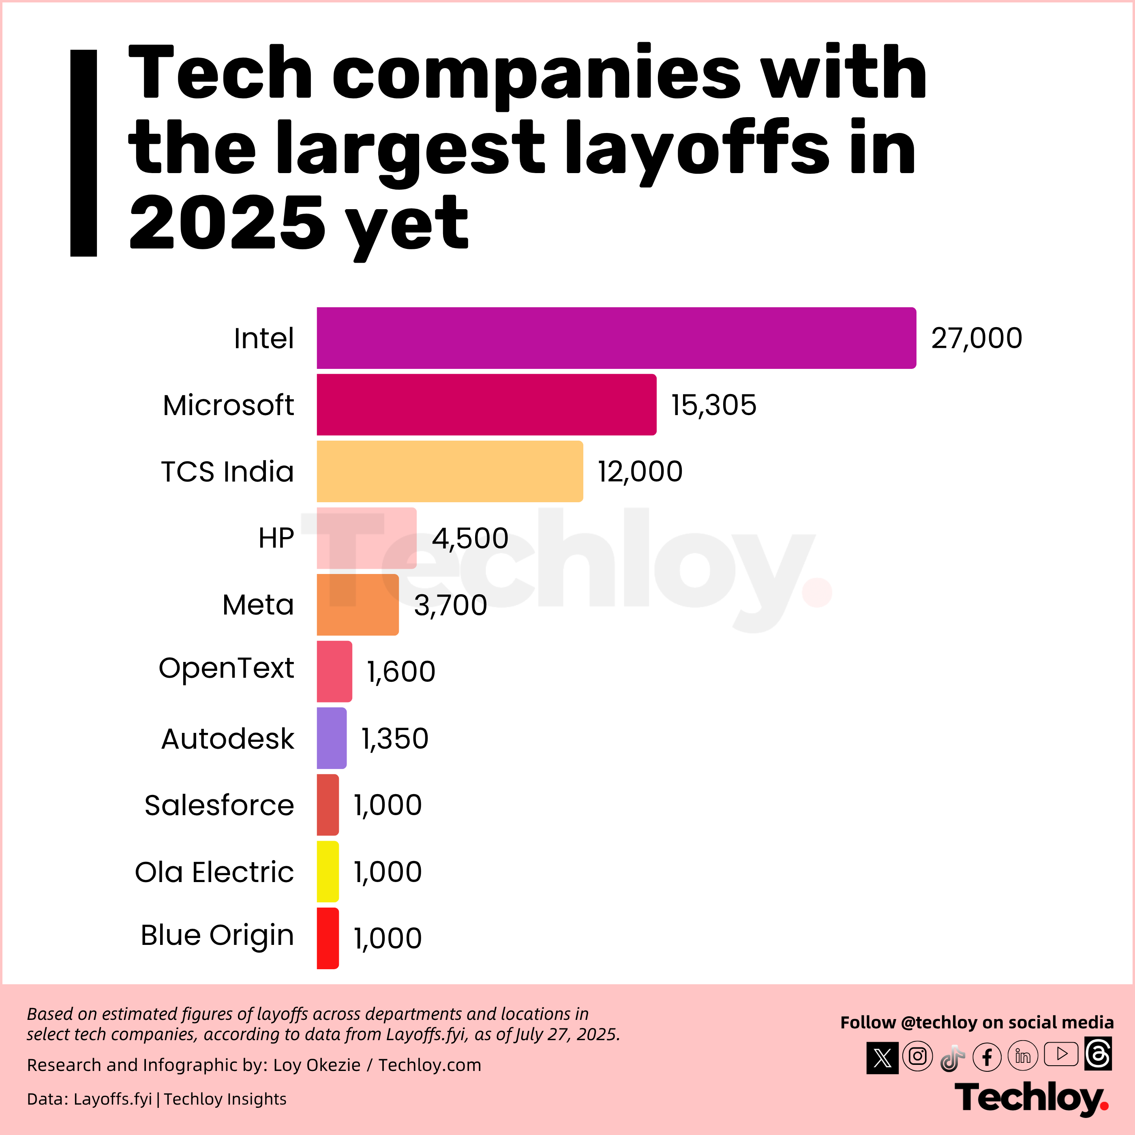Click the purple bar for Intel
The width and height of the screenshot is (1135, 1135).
tap(616, 338)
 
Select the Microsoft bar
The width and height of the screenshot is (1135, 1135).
tap(486, 405)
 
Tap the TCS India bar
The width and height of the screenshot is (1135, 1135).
tap(450, 471)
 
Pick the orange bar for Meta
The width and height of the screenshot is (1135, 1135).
tap(357, 604)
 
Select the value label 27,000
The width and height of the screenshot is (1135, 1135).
tap(977, 338)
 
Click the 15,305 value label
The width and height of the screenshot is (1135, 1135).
tap(714, 405)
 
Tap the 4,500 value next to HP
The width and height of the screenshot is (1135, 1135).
tap(470, 538)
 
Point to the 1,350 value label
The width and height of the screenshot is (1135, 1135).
tap(395, 739)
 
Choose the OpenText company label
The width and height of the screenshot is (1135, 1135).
tap(226, 668)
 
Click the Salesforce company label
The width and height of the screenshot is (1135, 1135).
tap(219, 805)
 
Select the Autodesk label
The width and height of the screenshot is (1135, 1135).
tap(227, 739)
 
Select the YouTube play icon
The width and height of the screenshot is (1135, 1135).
tap(1061, 1054)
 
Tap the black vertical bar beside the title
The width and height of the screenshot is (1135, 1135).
tap(84, 153)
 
